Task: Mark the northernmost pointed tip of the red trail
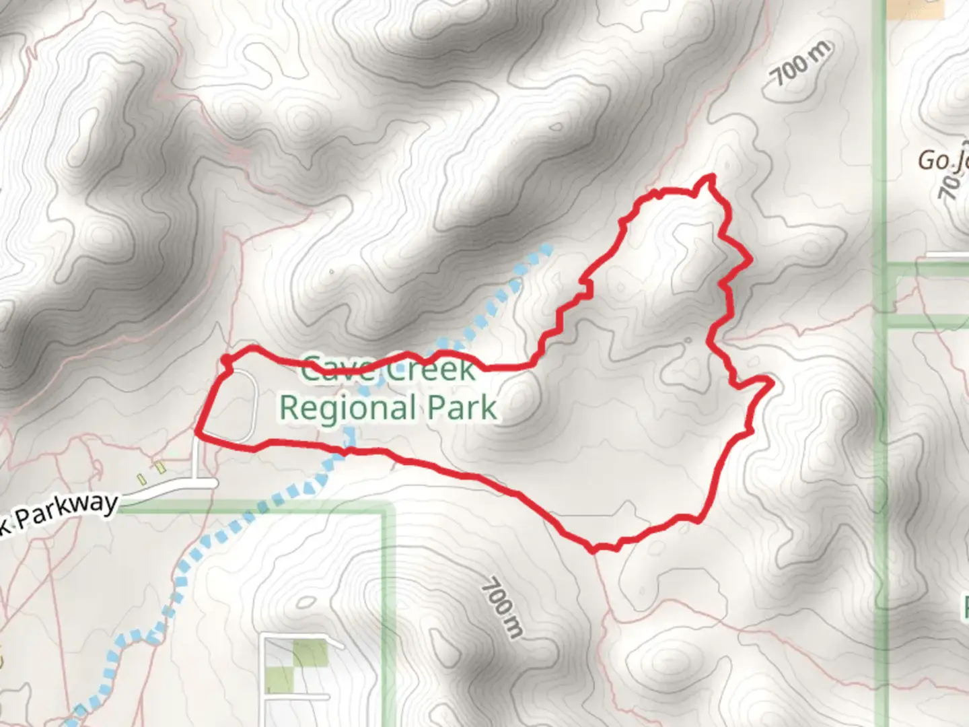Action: click(x=711, y=176)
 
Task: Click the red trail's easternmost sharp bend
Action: click(x=770, y=383)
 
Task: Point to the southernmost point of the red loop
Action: click(x=594, y=551)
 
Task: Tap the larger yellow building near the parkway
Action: click(x=159, y=466)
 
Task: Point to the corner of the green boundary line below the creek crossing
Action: click(x=386, y=509)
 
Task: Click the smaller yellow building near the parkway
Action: click(x=141, y=479)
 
